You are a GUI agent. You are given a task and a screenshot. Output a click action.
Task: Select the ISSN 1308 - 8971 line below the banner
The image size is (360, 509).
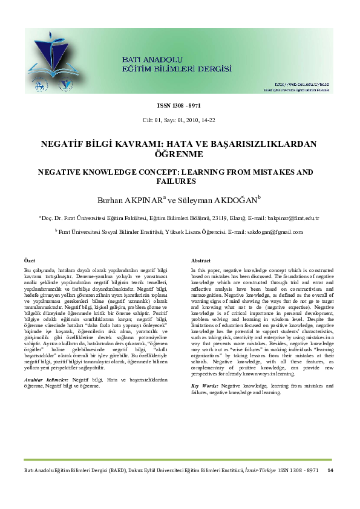click(179, 105)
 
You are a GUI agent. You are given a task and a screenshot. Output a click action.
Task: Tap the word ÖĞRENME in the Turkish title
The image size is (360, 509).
click(180, 155)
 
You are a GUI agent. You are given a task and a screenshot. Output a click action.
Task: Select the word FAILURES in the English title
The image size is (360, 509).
click(180, 181)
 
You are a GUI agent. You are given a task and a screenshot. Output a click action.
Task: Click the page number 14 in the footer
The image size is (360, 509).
click(330, 470)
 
